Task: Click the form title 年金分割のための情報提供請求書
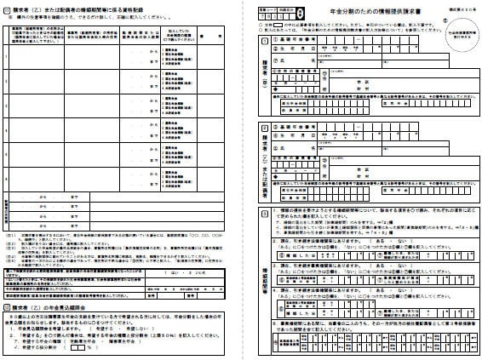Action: click(353, 10)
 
